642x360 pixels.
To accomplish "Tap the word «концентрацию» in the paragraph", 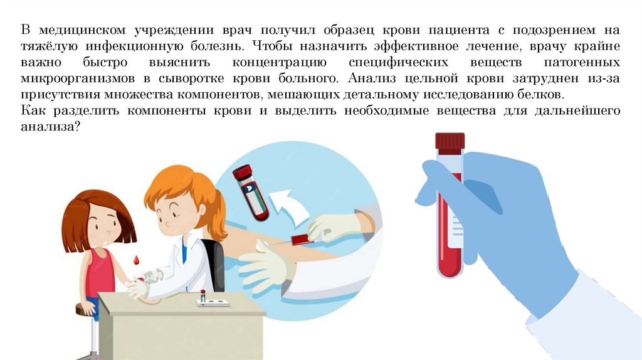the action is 279,62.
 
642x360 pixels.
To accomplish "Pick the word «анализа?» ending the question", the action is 50,127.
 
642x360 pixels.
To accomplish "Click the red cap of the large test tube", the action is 450,141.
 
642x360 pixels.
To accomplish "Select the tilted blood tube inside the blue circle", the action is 250,192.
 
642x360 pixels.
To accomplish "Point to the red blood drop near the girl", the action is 136,260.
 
